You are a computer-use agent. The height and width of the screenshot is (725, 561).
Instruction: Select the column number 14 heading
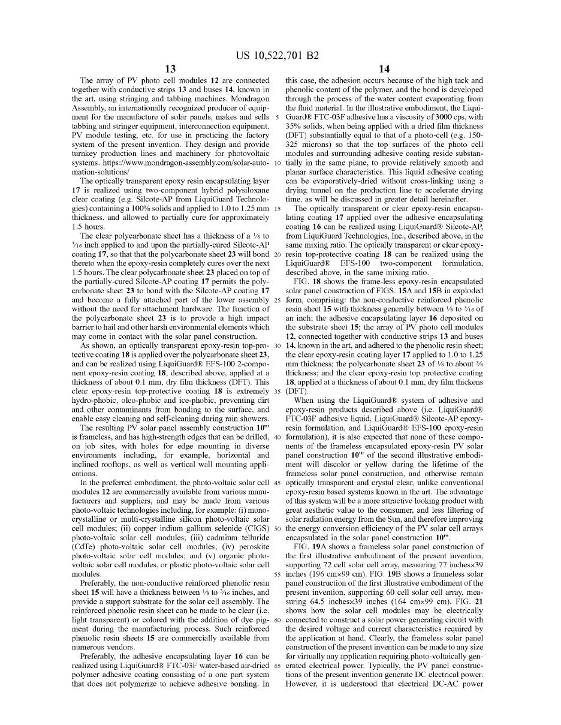pyautogui.click(x=384, y=69)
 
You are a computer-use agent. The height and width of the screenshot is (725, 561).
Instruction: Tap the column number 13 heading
pyautogui.click(x=170, y=69)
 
